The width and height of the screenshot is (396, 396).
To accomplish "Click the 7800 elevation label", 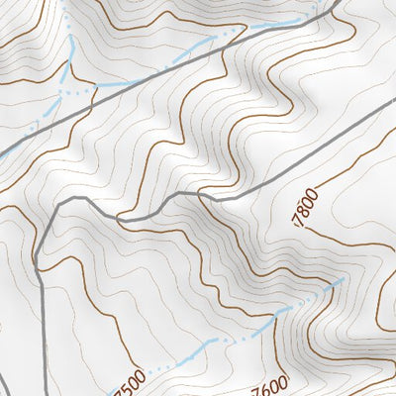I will tap(308, 208).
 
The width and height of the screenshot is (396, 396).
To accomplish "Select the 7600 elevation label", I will tap(269, 383).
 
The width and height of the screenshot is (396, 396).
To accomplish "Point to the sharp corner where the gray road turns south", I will tap(59, 203).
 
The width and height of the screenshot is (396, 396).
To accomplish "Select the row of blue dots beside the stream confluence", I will tap(79, 89).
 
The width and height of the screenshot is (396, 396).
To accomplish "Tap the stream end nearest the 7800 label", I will tap(342, 280).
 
